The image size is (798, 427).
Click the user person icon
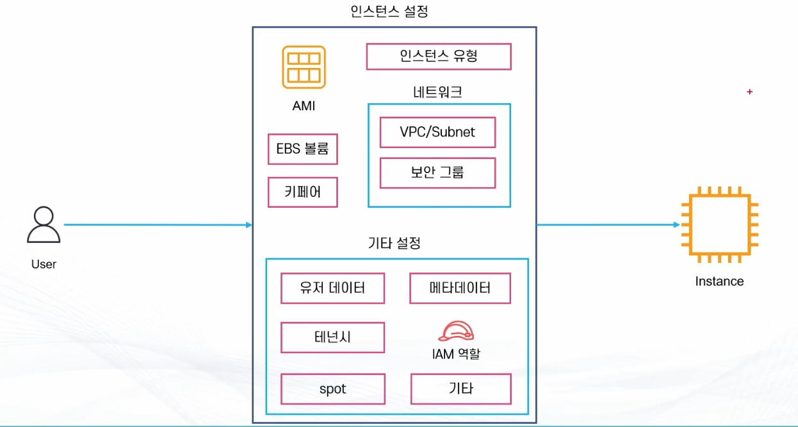click(x=44, y=225)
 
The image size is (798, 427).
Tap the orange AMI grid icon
click(x=304, y=67)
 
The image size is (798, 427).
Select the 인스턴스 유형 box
click(x=439, y=56)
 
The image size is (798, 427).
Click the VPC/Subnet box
click(x=437, y=132)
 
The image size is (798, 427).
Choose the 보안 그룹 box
click(x=437, y=172)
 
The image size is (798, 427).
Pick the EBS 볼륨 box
click(x=302, y=149)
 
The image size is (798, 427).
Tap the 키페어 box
click(x=302, y=192)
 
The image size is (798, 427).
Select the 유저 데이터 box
click(x=332, y=288)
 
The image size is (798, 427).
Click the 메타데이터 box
click(x=460, y=288)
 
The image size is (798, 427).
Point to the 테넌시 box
click(x=332, y=337)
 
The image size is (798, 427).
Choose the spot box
click(x=332, y=389)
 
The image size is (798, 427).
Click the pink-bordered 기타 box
click(x=460, y=389)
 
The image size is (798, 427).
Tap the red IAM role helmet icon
click(x=456, y=331)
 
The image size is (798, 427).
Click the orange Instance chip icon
click(x=719, y=225)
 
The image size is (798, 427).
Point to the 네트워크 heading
click(x=438, y=92)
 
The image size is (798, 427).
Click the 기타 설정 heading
click(x=395, y=244)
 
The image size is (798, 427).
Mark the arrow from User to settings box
click(x=158, y=225)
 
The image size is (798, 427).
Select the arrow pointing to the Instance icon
click(x=608, y=225)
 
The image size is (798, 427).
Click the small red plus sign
click(x=749, y=92)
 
